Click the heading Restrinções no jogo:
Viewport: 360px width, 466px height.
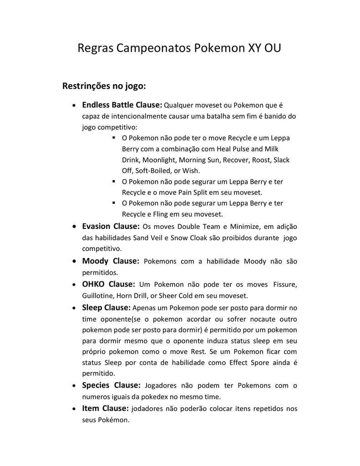[104, 86]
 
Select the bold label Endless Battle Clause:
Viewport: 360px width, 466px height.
[122, 105]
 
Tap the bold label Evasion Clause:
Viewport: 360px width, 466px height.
[111, 226]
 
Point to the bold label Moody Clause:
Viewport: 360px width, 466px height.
[110, 261]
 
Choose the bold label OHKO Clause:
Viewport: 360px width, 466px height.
[108, 284]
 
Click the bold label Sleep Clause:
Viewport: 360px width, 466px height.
[106, 308]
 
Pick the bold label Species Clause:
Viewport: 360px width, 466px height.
[111, 385]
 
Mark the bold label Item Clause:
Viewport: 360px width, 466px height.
[105, 409]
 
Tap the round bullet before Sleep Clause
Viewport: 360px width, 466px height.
[74, 309]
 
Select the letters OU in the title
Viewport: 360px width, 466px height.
[272, 48]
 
